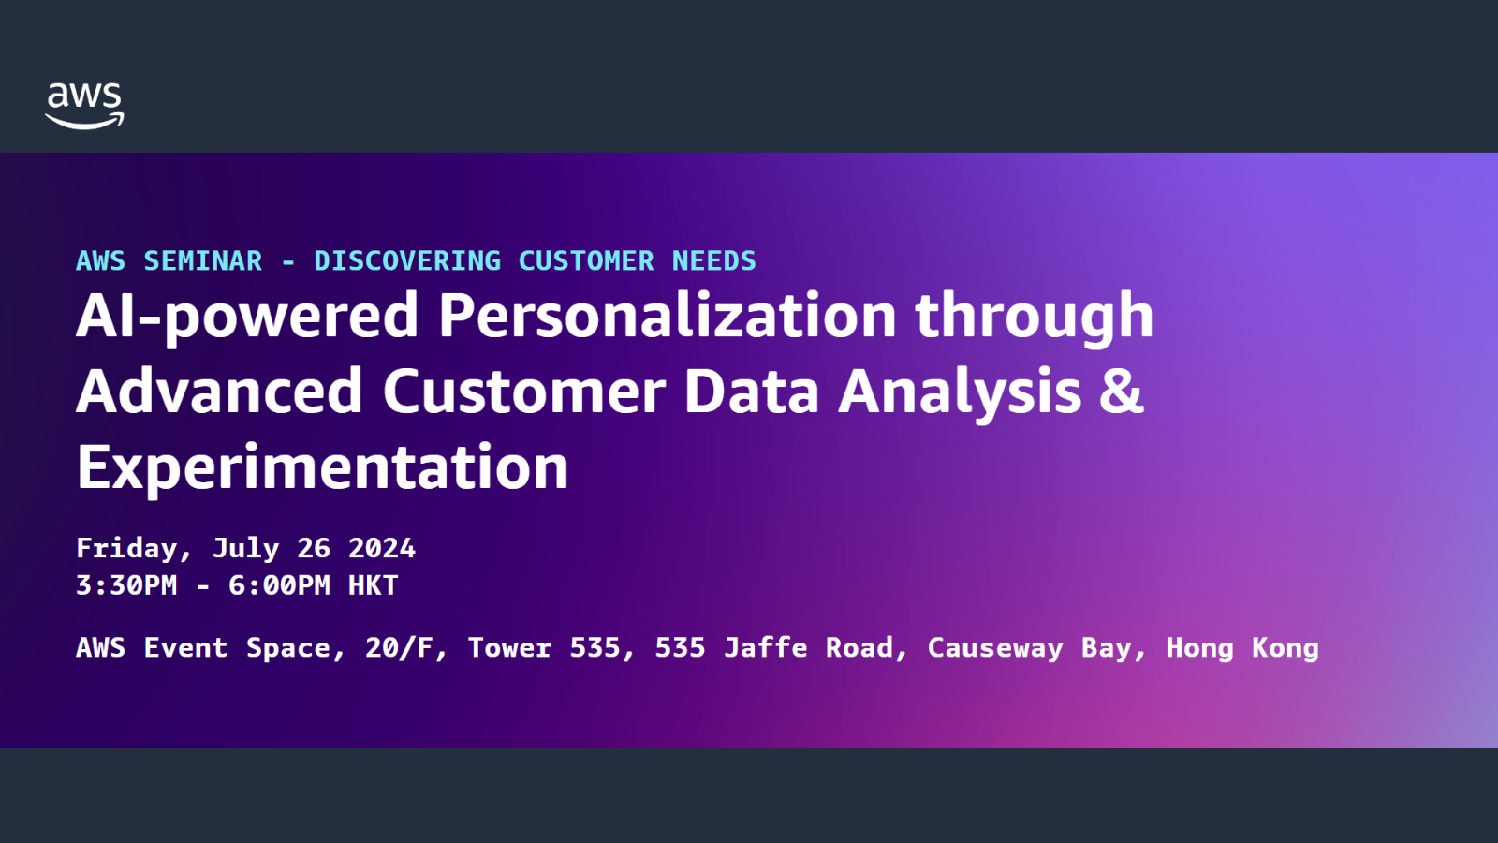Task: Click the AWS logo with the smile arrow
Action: (84, 106)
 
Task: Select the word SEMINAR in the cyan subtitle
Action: (202, 261)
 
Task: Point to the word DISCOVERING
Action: (407, 261)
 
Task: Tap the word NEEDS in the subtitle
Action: (713, 261)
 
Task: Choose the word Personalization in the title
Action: (667, 316)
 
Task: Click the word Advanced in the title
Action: (220, 392)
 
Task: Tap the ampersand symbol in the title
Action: (1122, 392)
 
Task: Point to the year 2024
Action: (382, 549)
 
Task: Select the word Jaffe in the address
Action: (766, 647)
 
